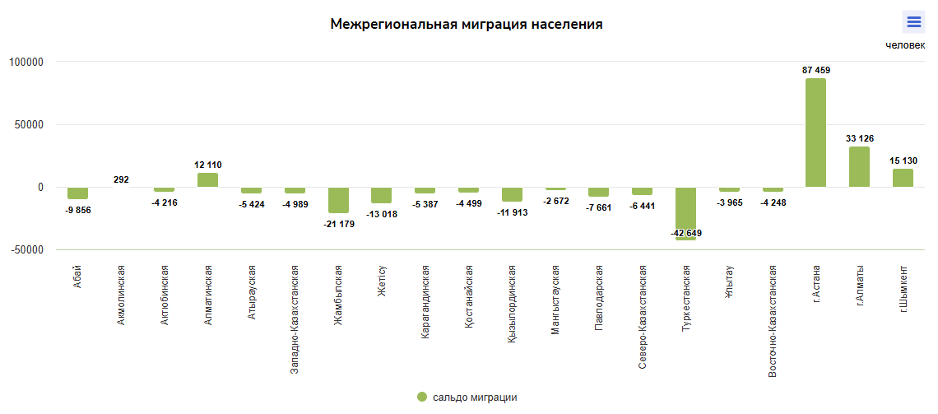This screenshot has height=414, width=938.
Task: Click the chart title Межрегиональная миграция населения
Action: [467, 25]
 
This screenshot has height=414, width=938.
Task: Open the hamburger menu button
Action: [913, 22]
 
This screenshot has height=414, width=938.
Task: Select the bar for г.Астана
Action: [815, 133]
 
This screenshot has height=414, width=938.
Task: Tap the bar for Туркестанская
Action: [685, 213]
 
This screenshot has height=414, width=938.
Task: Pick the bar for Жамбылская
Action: [338, 200]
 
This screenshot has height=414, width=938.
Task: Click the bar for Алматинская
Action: [208, 180]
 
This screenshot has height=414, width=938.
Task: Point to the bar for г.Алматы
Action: [859, 167]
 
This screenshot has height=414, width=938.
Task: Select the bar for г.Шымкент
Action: [903, 178]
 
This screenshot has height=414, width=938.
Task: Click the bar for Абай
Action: [77, 193]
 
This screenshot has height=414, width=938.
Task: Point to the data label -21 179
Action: [339, 224]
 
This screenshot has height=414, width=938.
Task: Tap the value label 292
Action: [121, 179]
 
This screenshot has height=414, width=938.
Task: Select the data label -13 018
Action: [382, 214]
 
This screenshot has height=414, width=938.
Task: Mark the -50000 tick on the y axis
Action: [26, 250]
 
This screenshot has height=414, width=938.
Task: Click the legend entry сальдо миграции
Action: [467, 398]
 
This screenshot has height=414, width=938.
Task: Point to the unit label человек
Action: [905, 45]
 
